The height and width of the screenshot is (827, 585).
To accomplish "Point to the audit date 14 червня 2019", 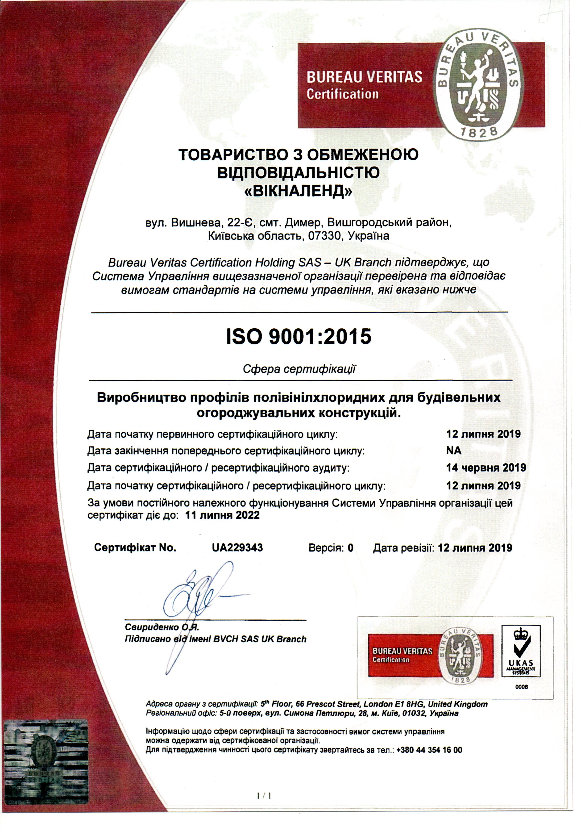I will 486,468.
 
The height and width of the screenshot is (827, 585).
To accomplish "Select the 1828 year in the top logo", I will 479,132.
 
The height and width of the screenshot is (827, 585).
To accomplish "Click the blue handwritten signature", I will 195,598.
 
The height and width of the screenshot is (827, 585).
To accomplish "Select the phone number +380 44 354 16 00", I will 429,750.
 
